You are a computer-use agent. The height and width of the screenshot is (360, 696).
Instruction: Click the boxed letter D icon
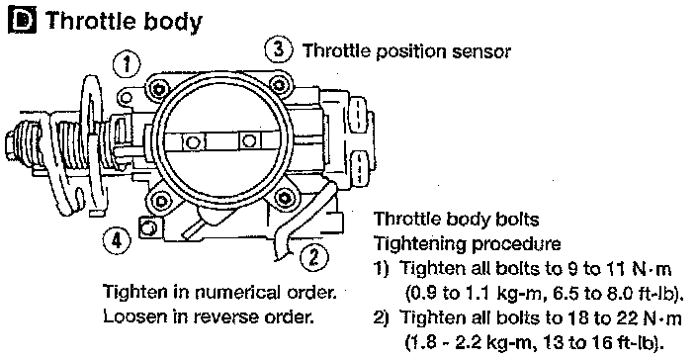click(22, 20)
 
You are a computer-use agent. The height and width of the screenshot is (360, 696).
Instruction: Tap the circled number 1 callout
click(127, 64)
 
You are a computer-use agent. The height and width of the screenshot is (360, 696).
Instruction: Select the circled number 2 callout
click(313, 257)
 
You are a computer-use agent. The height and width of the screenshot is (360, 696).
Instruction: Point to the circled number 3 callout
click(279, 48)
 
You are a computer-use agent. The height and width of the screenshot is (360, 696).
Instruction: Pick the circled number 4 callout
click(117, 241)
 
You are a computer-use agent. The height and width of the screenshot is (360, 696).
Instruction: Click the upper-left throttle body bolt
click(158, 89)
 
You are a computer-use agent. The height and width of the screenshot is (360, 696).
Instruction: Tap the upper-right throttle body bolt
click(278, 84)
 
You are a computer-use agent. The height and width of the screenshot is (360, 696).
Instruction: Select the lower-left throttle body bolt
click(159, 201)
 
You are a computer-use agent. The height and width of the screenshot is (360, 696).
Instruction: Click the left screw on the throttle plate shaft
click(193, 142)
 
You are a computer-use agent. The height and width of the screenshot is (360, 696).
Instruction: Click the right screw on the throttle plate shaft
click(250, 141)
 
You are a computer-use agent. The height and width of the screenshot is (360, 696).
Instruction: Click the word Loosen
click(129, 316)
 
